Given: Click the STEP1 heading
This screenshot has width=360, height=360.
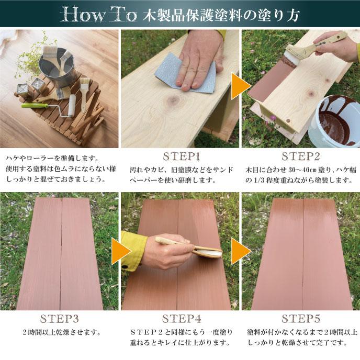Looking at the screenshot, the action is tap(182, 156).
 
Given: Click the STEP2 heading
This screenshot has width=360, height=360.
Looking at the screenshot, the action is tap(301, 156).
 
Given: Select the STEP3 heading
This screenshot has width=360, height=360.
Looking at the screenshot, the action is tap(60, 319).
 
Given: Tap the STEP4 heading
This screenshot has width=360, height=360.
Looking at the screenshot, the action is tap(182, 319).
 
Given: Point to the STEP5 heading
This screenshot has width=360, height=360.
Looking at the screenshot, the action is tap(301, 319).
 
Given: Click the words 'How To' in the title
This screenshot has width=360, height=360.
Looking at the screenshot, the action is tap(98, 15).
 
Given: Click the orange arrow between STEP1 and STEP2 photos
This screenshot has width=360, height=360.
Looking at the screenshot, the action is tap(241, 86).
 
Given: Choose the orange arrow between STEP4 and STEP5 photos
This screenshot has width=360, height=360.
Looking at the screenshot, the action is tap(241, 251).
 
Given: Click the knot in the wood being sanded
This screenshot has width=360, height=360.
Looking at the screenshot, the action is tap(173, 100).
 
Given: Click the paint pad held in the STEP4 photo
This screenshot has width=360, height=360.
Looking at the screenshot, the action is tap(208, 252).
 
